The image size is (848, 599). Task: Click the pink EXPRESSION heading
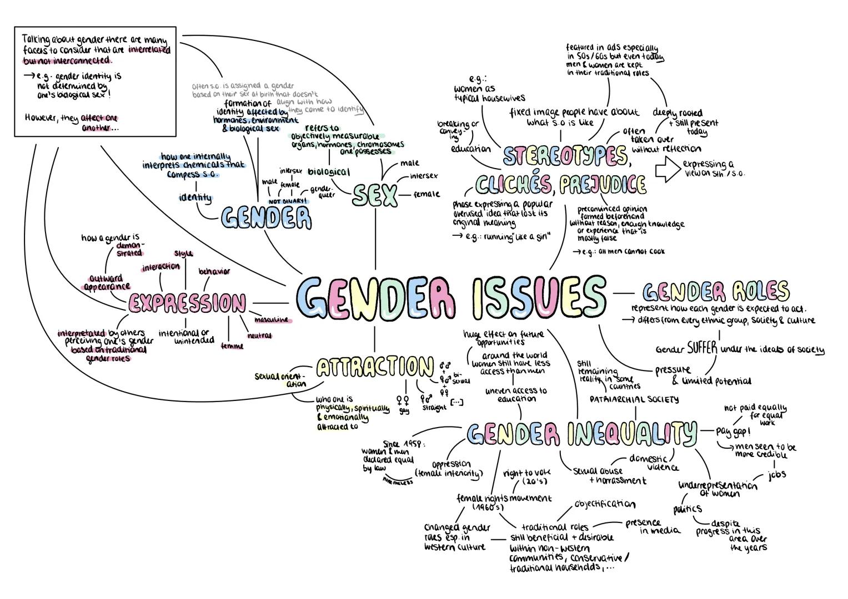pyautogui.click(x=187, y=303)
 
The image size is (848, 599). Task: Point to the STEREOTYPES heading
pyautogui.click(x=565, y=156)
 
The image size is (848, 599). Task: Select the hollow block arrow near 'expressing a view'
pyautogui.click(x=667, y=170)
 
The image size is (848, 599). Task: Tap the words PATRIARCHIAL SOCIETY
pyautogui.click(x=634, y=399)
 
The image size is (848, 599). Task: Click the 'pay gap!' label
pyautogui.click(x=732, y=431)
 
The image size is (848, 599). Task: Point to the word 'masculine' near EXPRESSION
pyautogui.click(x=272, y=320)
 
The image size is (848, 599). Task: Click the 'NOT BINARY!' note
pyautogui.click(x=288, y=201)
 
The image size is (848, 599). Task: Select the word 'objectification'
pyautogui.click(x=605, y=504)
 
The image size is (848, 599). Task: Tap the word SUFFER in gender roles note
pyautogui.click(x=702, y=348)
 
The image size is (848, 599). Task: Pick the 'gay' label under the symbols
pyautogui.click(x=404, y=411)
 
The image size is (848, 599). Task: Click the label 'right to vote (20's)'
pyautogui.click(x=524, y=478)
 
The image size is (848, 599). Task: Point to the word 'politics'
pyautogui.click(x=688, y=509)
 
